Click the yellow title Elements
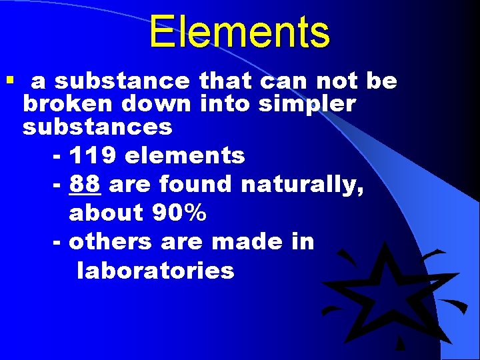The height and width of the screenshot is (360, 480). (239, 32)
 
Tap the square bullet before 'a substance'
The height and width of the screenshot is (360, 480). (9, 81)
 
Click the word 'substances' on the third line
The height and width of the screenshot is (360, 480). (97, 126)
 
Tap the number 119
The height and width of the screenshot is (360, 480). (93, 155)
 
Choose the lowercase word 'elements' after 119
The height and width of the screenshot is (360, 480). (185, 155)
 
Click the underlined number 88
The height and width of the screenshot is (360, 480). (85, 184)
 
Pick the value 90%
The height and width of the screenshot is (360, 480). (179, 213)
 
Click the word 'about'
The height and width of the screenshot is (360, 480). (107, 213)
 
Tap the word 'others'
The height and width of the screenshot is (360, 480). (110, 241)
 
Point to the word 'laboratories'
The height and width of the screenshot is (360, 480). (155, 271)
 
